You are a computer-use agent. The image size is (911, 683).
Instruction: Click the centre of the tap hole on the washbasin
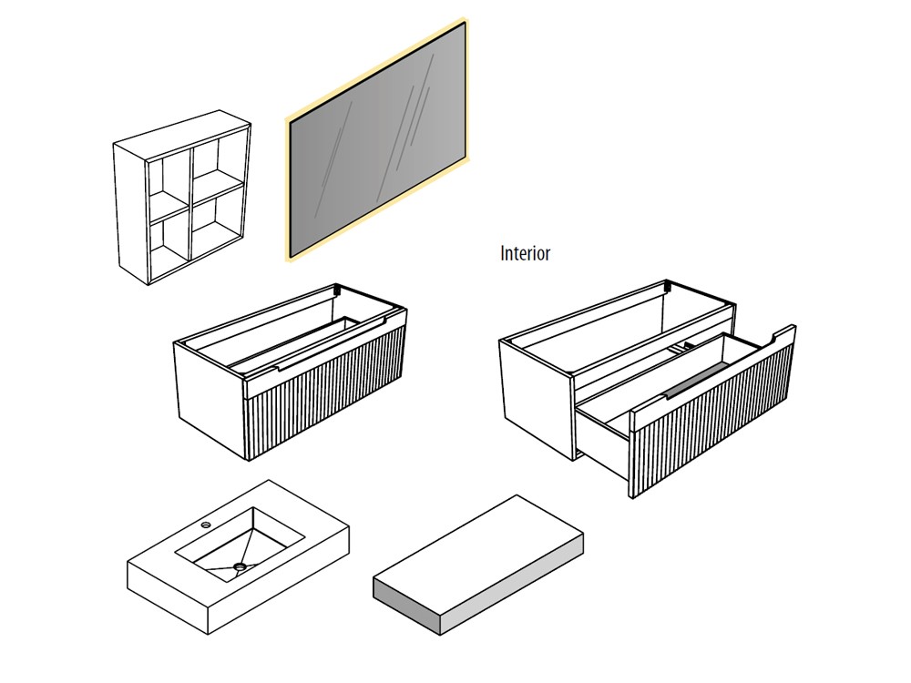click(x=205, y=525)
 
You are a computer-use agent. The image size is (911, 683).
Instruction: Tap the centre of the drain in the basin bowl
click(x=238, y=566)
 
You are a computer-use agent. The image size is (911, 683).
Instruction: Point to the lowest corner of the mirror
click(x=292, y=258)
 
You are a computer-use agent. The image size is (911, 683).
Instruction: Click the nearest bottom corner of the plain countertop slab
click(x=440, y=635)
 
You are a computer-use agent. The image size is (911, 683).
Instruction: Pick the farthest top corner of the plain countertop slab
click(x=517, y=495)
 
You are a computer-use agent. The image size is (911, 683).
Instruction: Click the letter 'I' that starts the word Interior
click(x=503, y=253)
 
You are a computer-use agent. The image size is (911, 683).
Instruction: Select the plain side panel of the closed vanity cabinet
click(x=211, y=401)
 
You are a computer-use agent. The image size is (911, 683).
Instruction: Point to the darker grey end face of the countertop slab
click(x=406, y=606)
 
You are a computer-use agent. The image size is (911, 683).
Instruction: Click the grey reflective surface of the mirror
click(x=378, y=140)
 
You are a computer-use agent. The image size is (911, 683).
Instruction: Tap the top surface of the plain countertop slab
click(x=478, y=555)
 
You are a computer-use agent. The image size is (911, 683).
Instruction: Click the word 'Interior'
click(x=526, y=253)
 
